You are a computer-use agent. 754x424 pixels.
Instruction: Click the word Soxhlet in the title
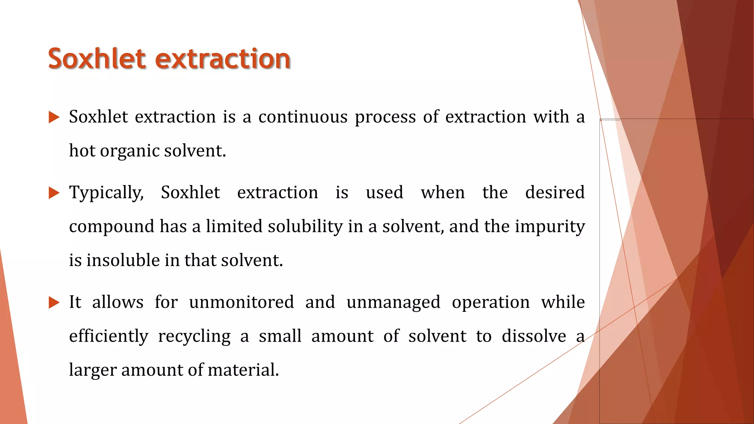tap(97, 59)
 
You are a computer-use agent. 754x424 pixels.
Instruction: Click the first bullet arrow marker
tap(54, 118)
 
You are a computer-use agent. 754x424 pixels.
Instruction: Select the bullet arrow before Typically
tap(54, 193)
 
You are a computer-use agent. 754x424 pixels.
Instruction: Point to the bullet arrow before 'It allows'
tap(54, 303)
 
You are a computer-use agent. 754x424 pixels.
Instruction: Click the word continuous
tap(303, 117)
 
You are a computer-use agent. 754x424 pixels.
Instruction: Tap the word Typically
tap(106, 193)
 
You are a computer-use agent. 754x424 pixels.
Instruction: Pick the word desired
tap(554, 192)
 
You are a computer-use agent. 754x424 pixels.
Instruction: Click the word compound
tap(111, 226)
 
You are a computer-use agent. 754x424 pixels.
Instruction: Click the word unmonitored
tap(242, 302)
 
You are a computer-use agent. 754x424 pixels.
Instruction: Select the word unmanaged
tap(393, 302)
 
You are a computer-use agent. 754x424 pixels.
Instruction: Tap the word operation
tap(491, 302)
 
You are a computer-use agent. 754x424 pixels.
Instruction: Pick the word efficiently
tap(109, 336)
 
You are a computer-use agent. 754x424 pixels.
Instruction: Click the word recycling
tap(194, 336)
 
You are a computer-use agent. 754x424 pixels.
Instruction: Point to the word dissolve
tap(534, 336)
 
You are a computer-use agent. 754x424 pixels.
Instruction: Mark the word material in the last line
tap(243, 370)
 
